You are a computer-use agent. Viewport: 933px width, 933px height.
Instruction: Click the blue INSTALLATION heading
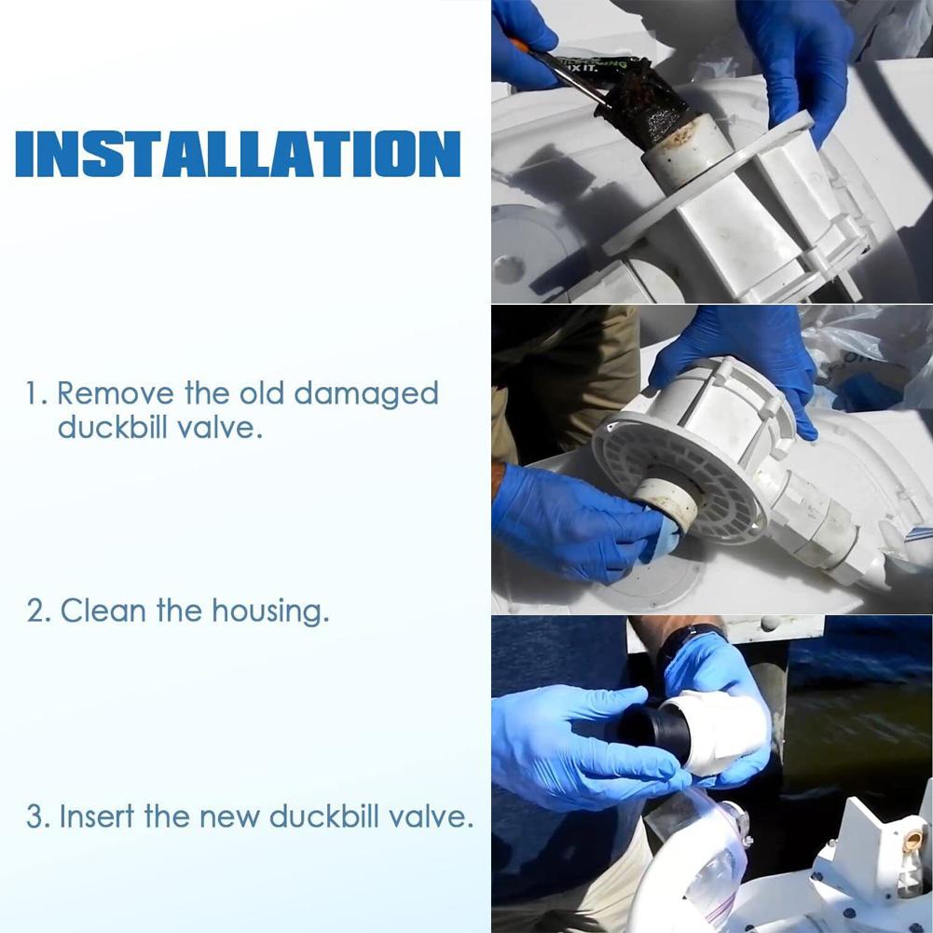click(238, 154)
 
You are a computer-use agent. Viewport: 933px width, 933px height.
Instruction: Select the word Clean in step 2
click(103, 611)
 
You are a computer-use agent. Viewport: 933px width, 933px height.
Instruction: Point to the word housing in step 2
click(269, 613)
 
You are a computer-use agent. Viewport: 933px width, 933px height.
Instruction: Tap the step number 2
click(36, 612)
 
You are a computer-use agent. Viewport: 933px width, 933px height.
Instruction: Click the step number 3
click(36, 818)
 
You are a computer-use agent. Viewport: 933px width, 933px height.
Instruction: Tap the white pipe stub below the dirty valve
click(685, 154)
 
